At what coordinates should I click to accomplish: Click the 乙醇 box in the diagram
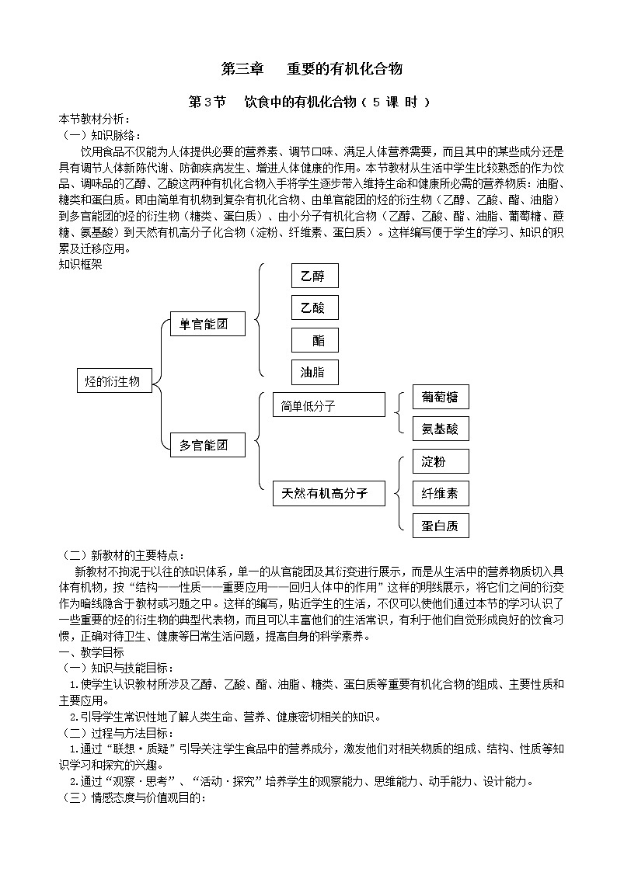[x=315, y=276]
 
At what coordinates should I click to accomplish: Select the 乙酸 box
[x=315, y=308]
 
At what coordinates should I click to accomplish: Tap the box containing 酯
[x=315, y=340]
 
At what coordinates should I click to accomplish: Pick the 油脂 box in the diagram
[x=315, y=373]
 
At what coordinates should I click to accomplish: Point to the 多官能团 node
[x=207, y=445]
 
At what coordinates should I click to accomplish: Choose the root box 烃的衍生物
[x=114, y=380]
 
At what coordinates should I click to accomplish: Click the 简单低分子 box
[x=329, y=405]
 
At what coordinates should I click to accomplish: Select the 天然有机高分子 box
[x=329, y=493]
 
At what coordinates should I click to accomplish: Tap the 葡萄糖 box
[x=441, y=398]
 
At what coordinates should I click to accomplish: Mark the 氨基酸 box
[x=441, y=429]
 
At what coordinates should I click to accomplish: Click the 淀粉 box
[x=441, y=461]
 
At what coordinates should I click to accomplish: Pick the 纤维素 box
[x=441, y=493]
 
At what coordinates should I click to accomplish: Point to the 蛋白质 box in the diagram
[x=441, y=526]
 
